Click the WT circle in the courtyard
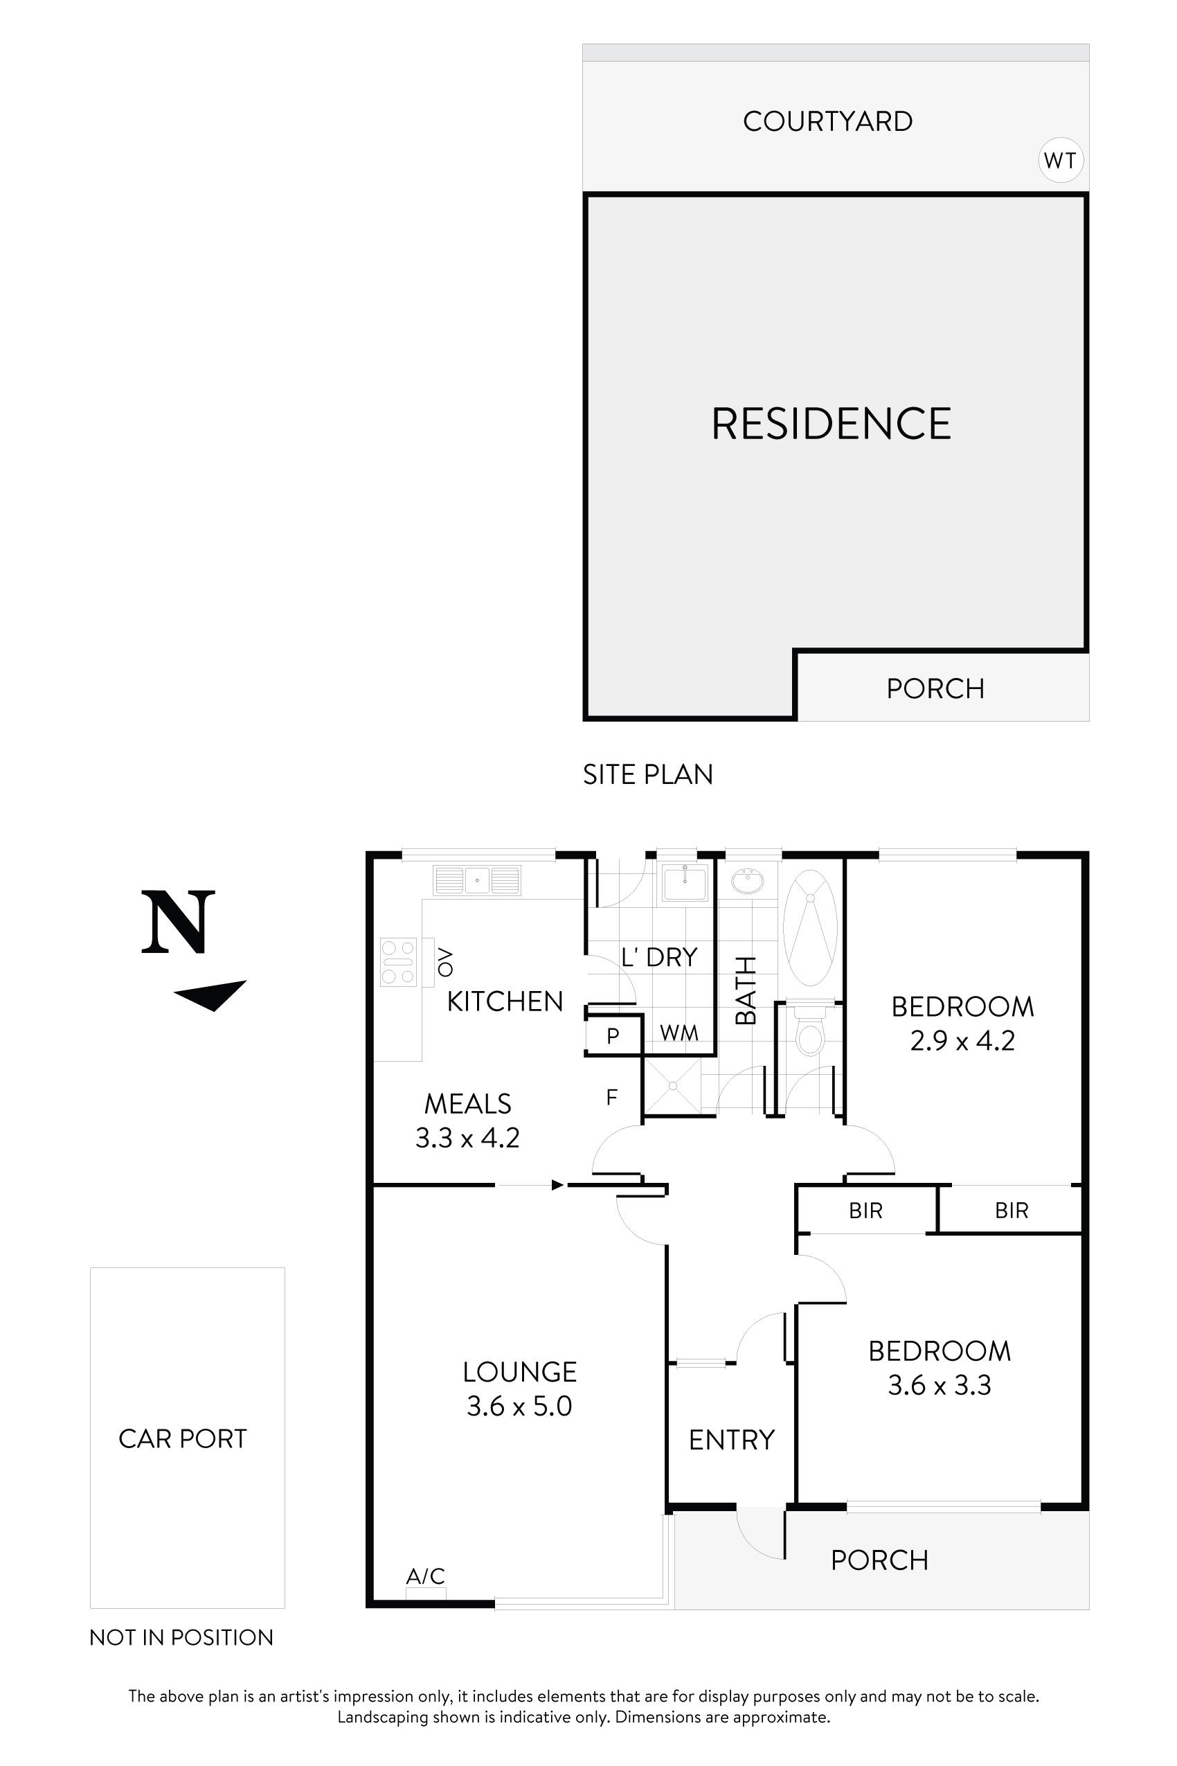(1060, 160)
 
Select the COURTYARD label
(827, 121)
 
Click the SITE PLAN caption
(647, 774)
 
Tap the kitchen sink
(476, 880)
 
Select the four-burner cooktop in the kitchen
(398, 962)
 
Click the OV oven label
(446, 962)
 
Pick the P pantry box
(613, 1036)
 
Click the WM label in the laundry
(679, 1033)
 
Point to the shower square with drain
(672, 1086)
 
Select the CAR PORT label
(182, 1438)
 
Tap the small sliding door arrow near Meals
(557, 1186)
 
